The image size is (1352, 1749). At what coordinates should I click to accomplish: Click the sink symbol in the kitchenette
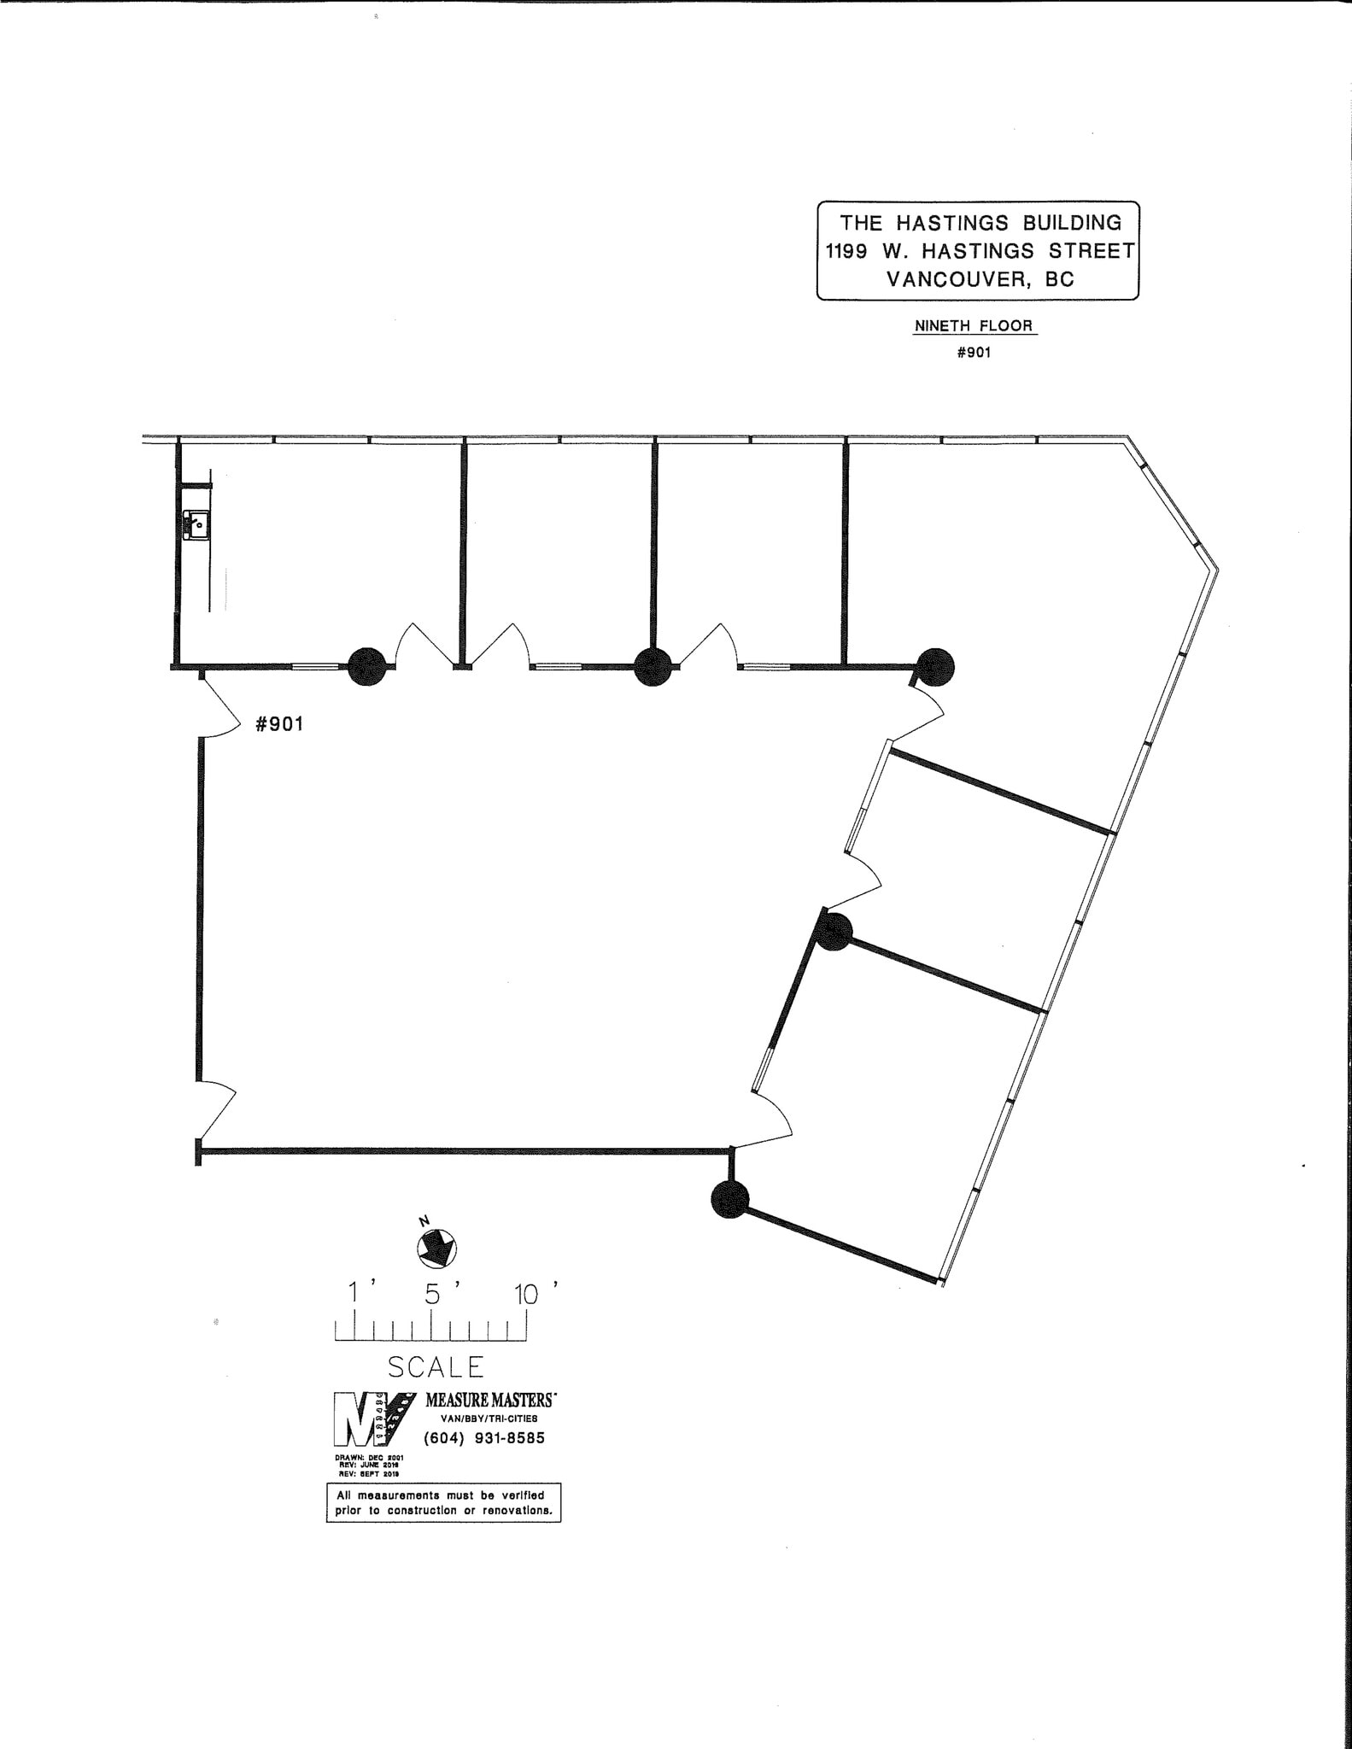pyautogui.click(x=196, y=524)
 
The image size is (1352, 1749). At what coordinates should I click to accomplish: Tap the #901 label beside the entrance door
pyautogui.click(x=279, y=724)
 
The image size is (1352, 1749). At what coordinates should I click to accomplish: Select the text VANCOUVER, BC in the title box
pyautogui.click(x=980, y=279)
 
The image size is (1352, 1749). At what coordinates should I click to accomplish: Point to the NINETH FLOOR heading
pyautogui.click(x=974, y=325)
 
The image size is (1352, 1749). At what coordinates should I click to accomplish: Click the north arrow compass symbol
pyautogui.click(x=436, y=1248)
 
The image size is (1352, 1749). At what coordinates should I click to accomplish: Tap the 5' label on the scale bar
pyautogui.click(x=433, y=1295)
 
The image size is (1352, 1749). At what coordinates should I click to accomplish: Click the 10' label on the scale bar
pyautogui.click(x=527, y=1295)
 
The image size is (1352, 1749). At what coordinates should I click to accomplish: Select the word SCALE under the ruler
pyautogui.click(x=436, y=1367)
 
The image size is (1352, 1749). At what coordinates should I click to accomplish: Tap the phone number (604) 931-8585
pyautogui.click(x=484, y=1438)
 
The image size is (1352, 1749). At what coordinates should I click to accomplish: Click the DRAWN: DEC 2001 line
pyautogui.click(x=369, y=1458)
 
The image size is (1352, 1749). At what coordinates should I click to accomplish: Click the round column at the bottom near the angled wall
pyautogui.click(x=729, y=1199)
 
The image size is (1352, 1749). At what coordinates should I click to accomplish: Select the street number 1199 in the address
pyautogui.click(x=846, y=251)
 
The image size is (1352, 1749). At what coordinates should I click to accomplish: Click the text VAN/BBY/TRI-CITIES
pyautogui.click(x=489, y=1419)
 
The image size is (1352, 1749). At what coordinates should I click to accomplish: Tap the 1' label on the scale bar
pyautogui.click(x=354, y=1295)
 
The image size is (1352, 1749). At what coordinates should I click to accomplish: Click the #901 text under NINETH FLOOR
pyautogui.click(x=974, y=352)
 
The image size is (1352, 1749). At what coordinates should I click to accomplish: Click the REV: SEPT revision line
pyautogui.click(x=369, y=1475)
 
